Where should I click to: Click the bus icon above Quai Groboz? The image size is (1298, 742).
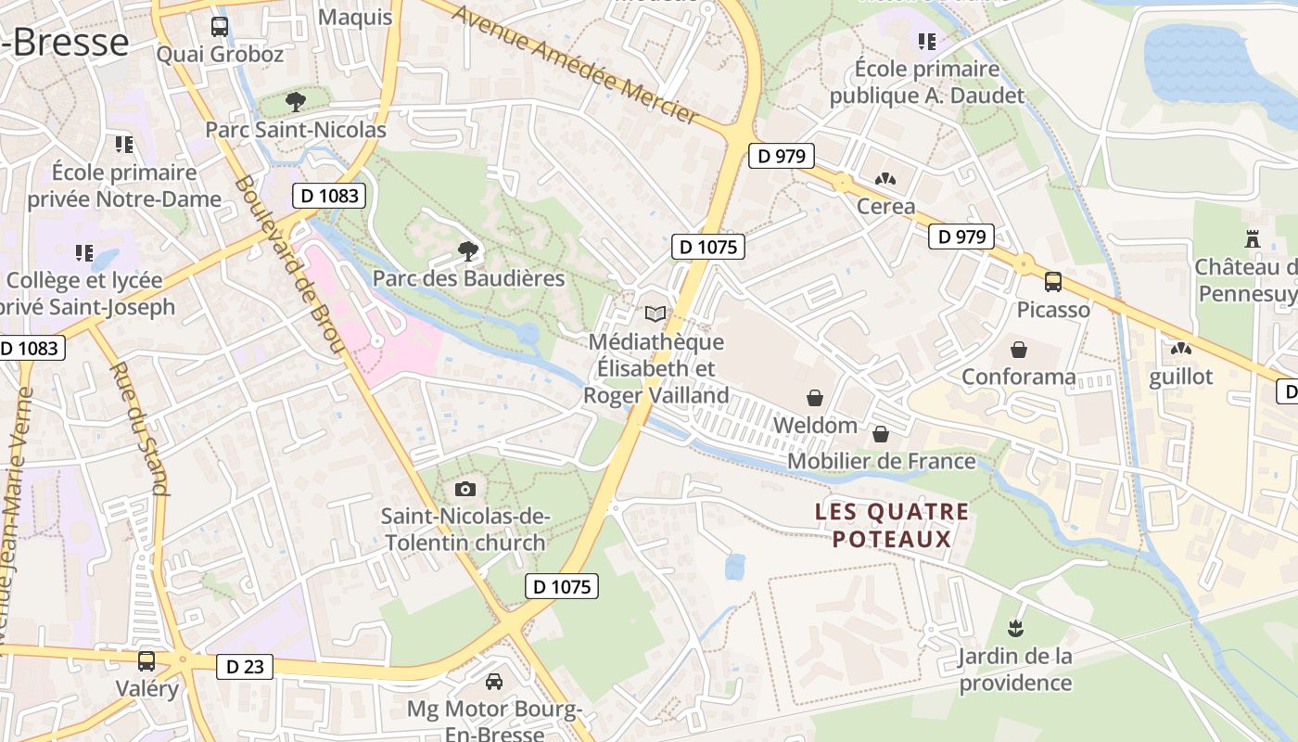(220, 27)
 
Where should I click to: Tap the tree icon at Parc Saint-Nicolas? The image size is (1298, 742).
(296, 101)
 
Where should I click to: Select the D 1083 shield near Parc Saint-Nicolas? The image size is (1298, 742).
(329, 196)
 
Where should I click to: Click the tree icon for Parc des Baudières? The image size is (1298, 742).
(468, 249)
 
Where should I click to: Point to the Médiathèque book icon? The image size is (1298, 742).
(655, 314)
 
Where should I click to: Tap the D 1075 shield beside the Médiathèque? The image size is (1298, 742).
(708, 247)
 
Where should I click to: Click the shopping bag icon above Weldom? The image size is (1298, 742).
(815, 398)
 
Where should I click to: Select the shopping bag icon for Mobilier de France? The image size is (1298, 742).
(881, 433)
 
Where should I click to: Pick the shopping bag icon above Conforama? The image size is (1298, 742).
(1018, 350)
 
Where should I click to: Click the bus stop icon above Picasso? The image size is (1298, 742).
(1053, 281)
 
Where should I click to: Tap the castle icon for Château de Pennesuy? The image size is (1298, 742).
(1253, 239)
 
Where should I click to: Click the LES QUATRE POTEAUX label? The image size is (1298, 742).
(892, 525)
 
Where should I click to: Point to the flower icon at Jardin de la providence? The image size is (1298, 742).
(1016, 629)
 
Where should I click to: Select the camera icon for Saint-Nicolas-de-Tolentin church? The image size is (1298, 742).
(465, 489)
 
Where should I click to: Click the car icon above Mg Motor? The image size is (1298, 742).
(494, 682)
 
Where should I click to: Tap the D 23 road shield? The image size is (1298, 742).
(245, 666)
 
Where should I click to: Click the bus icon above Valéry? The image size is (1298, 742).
(146, 660)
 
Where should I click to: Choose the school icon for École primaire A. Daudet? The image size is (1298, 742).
(927, 41)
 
